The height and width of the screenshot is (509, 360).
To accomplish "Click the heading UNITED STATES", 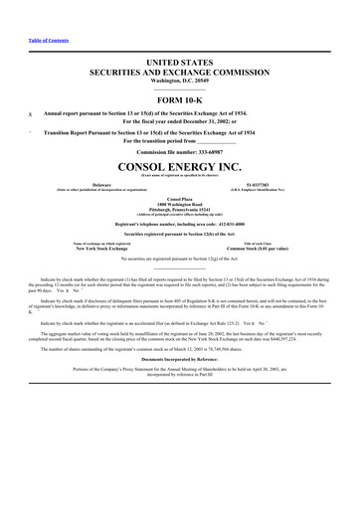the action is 180,63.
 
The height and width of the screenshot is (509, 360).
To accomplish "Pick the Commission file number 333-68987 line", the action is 180,151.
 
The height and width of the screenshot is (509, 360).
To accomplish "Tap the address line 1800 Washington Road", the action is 180,203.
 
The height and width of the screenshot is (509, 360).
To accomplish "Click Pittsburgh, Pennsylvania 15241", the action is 180,209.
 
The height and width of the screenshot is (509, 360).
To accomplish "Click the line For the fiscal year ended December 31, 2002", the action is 180,121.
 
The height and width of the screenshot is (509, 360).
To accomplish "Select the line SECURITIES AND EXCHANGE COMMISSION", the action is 180,73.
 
